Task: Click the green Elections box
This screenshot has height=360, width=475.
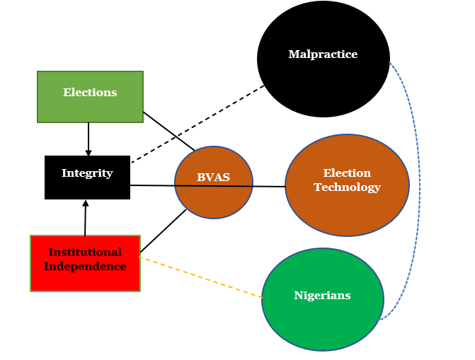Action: pos(90,97)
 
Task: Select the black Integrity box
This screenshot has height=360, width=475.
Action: pos(87,178)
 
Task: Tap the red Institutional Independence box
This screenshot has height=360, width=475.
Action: pos(85,263)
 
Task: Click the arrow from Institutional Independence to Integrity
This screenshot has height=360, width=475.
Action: pos(86,218)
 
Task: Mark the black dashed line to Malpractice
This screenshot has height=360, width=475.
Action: pos(198,124)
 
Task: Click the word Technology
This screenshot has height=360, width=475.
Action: pos(347,187)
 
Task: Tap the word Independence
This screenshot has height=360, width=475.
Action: pos(85,267)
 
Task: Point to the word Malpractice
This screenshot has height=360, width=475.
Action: pos(323,54)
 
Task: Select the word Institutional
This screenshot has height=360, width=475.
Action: pos(85,252)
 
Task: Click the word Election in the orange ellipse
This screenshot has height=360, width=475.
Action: pos(347,173)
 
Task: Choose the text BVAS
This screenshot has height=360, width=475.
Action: pos(213,178)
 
